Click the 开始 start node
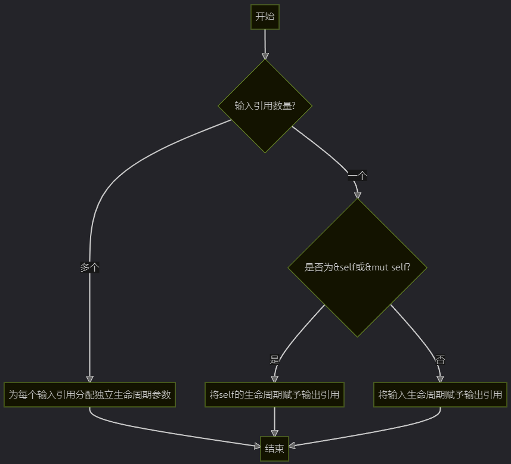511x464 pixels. pos(265,17)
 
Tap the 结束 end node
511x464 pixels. pos(274,449)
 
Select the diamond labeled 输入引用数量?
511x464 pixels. pos(265,106)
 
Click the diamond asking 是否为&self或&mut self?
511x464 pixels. pos(357,267)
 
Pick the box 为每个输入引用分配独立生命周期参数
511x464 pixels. pos(89,394)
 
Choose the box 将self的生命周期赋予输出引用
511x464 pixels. pos(274,394)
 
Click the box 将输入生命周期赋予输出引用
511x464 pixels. pos(440,394)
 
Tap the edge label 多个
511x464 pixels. pos(89,267)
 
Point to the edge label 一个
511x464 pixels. pos(357,175)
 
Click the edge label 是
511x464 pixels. pos(274,359)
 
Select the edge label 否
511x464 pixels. pos(440,359)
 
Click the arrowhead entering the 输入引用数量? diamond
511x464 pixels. pos(265,56)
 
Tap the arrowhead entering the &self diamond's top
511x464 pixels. pos(357,195)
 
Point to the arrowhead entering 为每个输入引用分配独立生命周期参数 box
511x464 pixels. pos(89,379)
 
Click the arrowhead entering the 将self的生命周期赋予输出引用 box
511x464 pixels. pos(274,379)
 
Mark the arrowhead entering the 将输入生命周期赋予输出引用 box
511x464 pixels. pos(440,379)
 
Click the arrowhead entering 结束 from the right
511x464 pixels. pos(292,446)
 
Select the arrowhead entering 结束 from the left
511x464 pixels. pos(256,445)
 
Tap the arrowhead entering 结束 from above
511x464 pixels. pos(274,434)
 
